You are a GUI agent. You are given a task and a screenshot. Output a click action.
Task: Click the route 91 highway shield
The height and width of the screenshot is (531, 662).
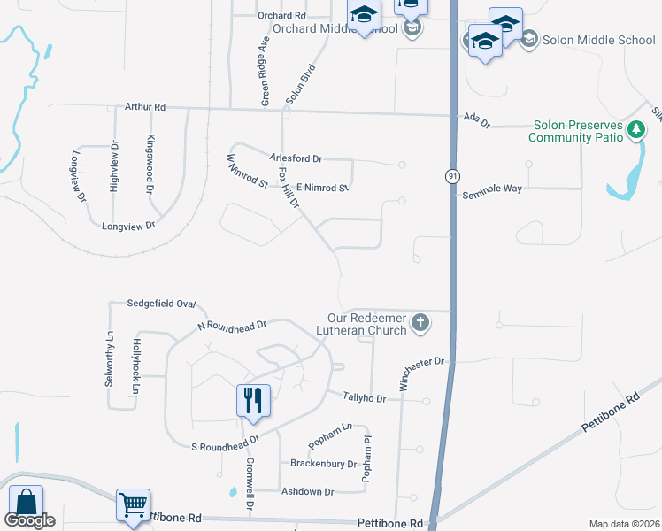(x=452, y=175)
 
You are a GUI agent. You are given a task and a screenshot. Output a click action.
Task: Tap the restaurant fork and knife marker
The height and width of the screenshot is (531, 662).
(x=253, y=400)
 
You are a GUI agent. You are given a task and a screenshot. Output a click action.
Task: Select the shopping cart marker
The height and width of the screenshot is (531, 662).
(x=133, y=506)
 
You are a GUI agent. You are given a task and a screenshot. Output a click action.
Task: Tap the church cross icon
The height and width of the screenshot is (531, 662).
(x=421, y=325)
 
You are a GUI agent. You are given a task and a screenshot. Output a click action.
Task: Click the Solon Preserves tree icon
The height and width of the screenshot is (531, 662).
(x=635, y=131)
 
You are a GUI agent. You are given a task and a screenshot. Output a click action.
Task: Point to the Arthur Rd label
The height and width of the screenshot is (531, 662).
(x=145, y=107)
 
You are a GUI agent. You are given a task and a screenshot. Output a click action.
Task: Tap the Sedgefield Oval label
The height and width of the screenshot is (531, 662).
(x=160, y=303)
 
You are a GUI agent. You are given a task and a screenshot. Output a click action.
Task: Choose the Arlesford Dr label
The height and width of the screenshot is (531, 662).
(x=296, y=158)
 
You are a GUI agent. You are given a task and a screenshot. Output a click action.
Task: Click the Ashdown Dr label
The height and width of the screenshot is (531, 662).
(x=306, y=491)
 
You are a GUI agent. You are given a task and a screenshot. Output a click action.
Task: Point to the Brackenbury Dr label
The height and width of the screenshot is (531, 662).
(x=323, y=463)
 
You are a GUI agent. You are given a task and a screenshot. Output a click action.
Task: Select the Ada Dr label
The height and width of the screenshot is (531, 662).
(x=476, y=121)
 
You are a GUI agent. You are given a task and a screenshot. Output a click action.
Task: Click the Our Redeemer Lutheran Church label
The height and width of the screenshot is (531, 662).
(x=366, y=324)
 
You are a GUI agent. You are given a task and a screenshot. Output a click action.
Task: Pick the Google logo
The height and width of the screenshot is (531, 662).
(x=29, y=520)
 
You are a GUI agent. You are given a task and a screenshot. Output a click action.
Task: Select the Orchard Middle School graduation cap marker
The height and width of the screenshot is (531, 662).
(x=363, y=17)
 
